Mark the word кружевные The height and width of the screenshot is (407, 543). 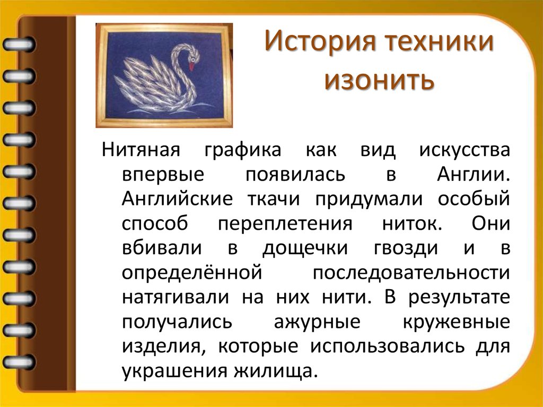tap(457, 322)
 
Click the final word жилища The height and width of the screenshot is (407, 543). tap(276, 370)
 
